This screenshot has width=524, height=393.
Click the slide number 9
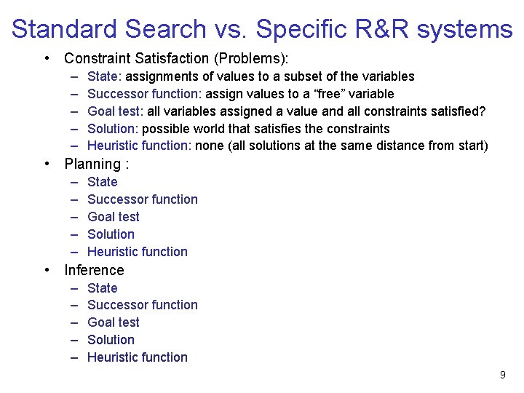coord(502,375)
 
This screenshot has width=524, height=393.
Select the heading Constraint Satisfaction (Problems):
coord(176,57)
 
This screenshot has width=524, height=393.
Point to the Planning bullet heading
coord(97,164)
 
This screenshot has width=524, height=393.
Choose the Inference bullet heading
coord(94,270)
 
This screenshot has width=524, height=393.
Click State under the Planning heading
coord(102,182)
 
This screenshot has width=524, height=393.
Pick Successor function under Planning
coord(142,199)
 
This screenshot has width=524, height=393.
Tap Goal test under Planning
coord(113,217)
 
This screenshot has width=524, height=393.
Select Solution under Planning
coord(111,234)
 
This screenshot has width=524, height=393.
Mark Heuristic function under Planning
coord(137,252)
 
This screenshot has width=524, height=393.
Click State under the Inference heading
coord(102,288)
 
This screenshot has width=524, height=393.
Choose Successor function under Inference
coord(142,305)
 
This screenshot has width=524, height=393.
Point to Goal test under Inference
coord(113,322)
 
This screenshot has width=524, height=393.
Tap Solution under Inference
coord(111,340)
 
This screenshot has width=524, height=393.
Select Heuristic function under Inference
coord(137,357)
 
